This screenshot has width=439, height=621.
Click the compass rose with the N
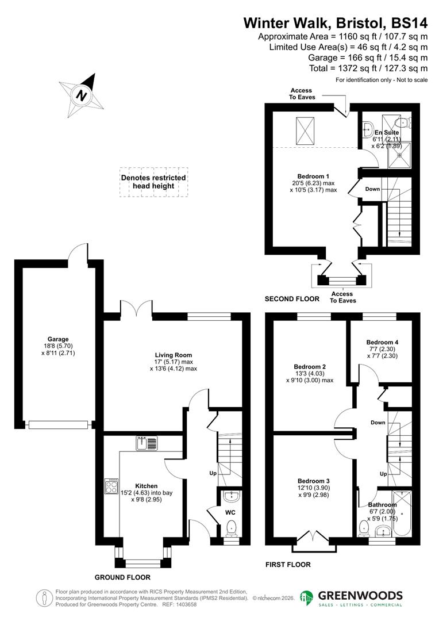[82, 94]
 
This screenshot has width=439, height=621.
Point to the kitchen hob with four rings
[111, 486]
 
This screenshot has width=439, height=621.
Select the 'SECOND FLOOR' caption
[291, 299]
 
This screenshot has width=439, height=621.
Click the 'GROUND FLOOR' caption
[122, 577]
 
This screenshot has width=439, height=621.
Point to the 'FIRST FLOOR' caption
[288, 565]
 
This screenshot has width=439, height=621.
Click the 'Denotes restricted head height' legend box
[153, 182]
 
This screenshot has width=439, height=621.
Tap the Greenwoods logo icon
[307, 598]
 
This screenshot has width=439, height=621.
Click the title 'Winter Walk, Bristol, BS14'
[336, 23]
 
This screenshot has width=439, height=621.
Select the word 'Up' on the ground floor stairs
[211, 473]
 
